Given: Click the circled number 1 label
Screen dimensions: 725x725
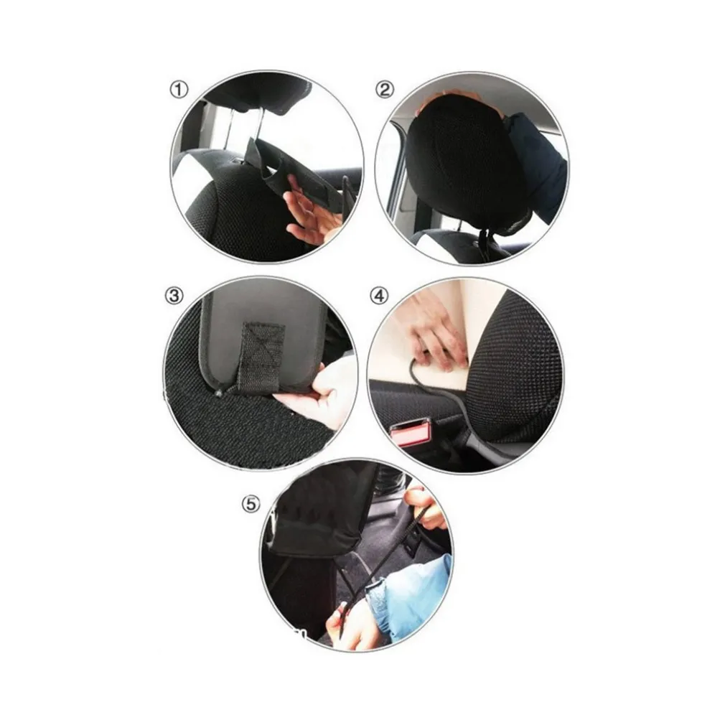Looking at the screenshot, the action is pos(179,89).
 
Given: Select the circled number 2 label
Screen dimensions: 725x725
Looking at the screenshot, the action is pos(385,89).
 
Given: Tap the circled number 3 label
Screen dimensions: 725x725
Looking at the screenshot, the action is pos(174,296).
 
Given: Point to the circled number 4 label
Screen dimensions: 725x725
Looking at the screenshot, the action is pos(380,296).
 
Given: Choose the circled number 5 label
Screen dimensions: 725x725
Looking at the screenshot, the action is pos(251,504).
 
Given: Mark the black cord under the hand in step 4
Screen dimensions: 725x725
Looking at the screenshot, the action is pos(444,398).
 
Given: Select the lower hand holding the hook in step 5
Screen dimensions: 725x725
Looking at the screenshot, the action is pos(352,622).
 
